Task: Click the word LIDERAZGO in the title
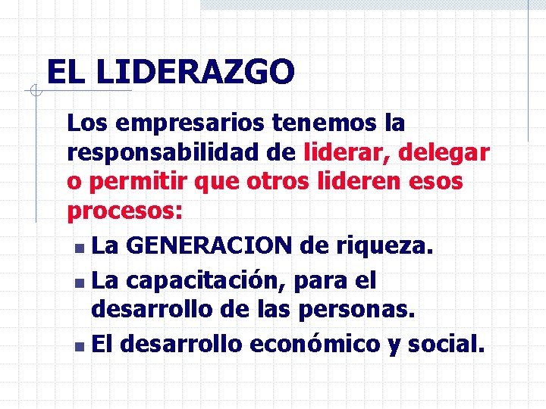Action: point(196,73)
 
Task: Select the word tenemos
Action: point(309,122)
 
